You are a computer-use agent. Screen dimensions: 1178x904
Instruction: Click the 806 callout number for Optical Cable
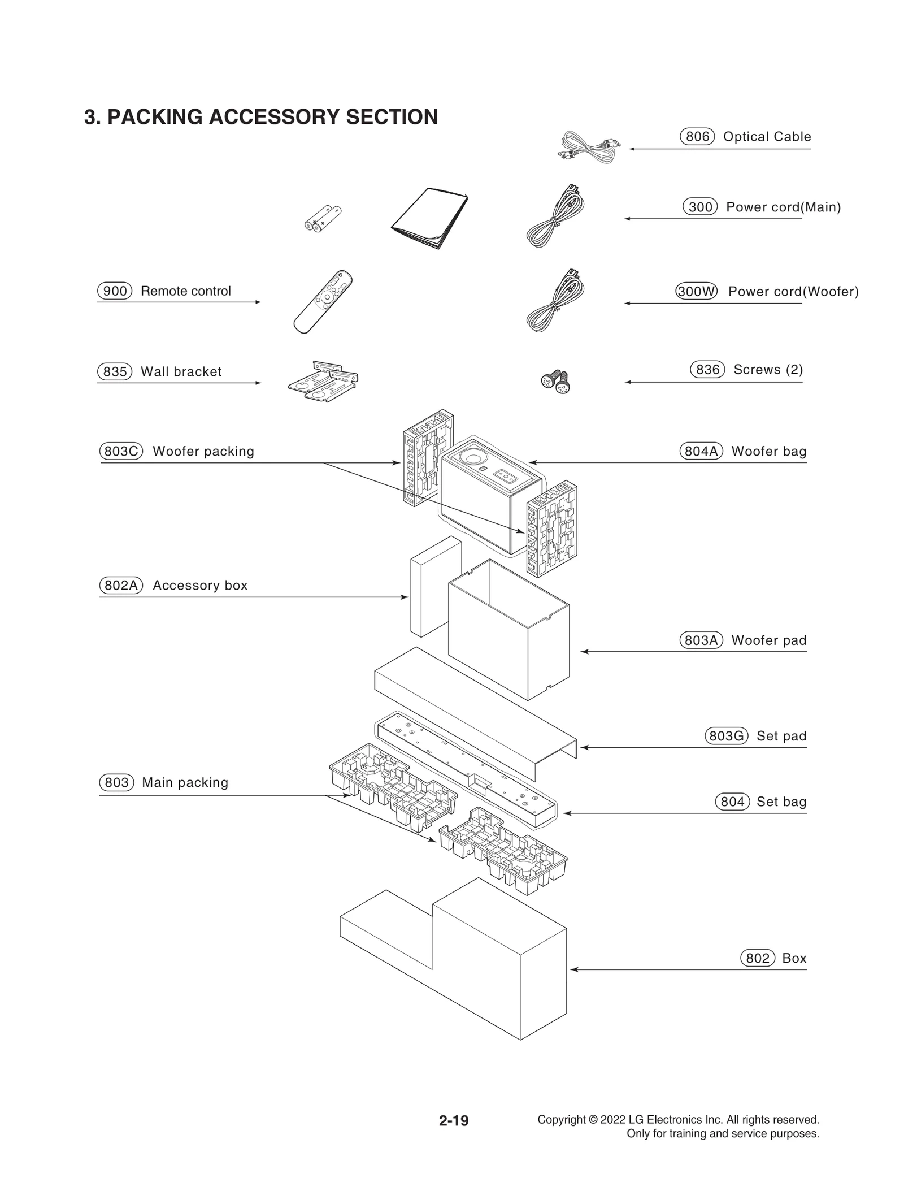click(x=697, y=137)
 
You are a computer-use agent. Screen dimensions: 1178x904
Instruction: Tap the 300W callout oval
click(x=696, y=292)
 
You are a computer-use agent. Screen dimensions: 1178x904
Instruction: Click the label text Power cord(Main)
click(x=783, y=207)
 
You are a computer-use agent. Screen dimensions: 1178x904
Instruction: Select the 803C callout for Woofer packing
click(x=120, y=451)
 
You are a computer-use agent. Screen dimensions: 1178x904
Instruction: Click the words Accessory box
click(x=200, y=586)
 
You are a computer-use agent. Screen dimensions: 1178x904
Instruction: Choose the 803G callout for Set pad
click(x=726, y=736)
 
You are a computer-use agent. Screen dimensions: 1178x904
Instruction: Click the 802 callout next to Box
click(x=757, y=958)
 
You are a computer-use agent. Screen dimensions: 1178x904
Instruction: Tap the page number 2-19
click(x=454, y=1120)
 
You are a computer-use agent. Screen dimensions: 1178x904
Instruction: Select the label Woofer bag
click(x=768, y=451)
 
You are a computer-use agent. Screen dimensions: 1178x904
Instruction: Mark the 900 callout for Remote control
click(x=115, y=291)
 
